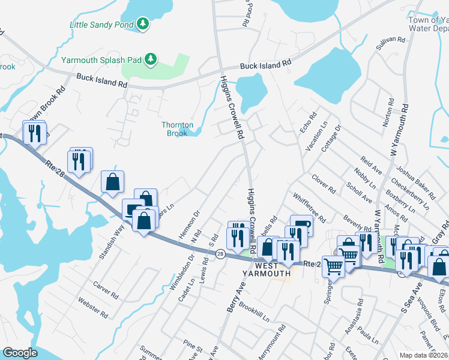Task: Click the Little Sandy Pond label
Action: (103, 25)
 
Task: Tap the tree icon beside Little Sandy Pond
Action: (143, 24)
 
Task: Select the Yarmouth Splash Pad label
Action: (103, 59)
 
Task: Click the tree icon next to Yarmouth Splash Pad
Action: (152, 59)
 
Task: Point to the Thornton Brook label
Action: (177, 129)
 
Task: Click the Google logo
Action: (20, 353)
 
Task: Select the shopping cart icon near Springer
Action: (333, 265)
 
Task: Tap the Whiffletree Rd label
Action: (309, 207)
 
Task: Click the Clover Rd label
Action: (324, 184)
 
